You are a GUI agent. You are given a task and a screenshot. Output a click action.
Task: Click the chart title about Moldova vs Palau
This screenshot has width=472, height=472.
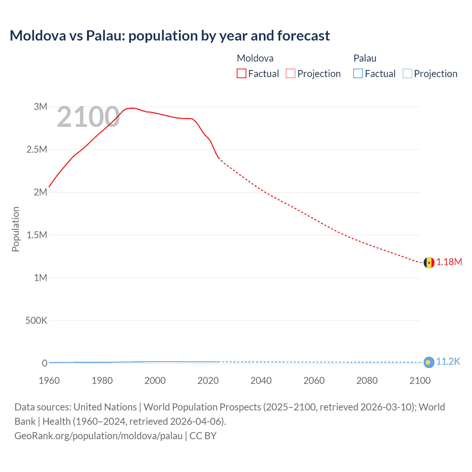(170, 36)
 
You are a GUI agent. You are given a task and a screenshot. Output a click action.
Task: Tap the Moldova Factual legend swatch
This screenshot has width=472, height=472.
(241, 74)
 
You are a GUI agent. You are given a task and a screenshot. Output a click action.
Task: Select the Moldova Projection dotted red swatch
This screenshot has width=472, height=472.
(291, 74)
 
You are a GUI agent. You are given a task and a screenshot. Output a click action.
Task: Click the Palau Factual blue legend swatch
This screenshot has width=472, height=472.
(358, 74)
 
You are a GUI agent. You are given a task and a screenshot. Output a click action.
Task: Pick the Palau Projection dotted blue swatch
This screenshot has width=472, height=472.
(407, 74)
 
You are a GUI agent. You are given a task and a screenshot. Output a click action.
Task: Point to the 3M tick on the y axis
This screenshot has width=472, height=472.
(41, 107)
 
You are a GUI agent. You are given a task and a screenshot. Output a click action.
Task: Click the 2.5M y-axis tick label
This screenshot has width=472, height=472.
(37, 149)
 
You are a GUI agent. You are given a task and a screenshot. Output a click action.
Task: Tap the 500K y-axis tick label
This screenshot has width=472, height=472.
(36, 320)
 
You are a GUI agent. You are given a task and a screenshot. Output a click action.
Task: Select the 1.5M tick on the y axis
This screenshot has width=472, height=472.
(37, 235)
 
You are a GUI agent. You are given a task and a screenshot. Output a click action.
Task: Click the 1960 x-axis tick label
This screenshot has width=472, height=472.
(49, 381)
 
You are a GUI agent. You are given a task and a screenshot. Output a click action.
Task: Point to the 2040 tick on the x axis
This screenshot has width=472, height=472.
(261, 381)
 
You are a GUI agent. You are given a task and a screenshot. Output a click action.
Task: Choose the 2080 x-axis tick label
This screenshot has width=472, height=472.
(367, 381)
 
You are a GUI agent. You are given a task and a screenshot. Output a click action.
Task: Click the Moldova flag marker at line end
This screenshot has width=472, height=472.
(428, 263)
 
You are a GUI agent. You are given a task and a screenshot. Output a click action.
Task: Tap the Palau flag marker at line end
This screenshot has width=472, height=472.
(428, 362)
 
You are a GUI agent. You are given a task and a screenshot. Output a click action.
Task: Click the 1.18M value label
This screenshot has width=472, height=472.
(449, 262)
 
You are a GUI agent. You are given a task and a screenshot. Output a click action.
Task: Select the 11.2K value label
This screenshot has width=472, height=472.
(448, 361)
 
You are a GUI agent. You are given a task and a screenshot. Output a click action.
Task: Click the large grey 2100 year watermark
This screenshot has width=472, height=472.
(88, 117)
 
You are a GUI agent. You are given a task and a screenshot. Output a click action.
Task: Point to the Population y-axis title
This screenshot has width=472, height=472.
(15, 229)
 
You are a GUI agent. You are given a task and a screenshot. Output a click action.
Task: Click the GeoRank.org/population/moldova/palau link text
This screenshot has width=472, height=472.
(98, 436)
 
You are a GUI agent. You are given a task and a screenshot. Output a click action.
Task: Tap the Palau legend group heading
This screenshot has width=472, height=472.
(365, 58)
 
